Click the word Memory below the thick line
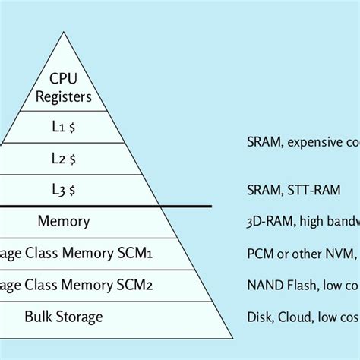coord(63,222)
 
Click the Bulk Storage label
coord(64,315)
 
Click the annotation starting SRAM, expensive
coord(302,141)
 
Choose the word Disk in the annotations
coord(259,315)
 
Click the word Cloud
coord(294,315)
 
